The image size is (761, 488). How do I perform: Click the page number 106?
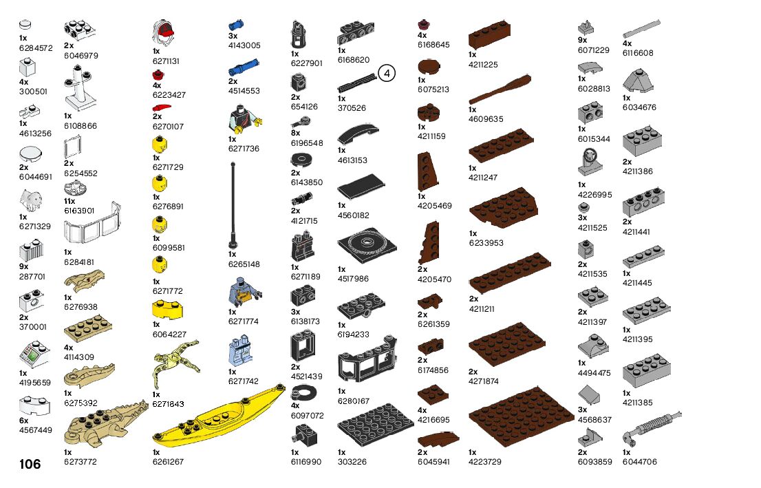pos(30,465)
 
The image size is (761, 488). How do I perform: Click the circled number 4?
pos(387,73)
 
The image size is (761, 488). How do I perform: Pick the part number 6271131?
pos(166,61)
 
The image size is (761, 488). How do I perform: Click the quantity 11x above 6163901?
pos(70,202)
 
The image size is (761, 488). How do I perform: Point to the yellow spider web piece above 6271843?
pos(176,361)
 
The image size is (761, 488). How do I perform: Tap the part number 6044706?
pos(639,462)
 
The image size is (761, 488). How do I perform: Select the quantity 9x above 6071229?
pos(582,41)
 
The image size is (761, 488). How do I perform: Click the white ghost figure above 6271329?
pos(32,200)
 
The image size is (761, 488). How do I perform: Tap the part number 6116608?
pos(638,53)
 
